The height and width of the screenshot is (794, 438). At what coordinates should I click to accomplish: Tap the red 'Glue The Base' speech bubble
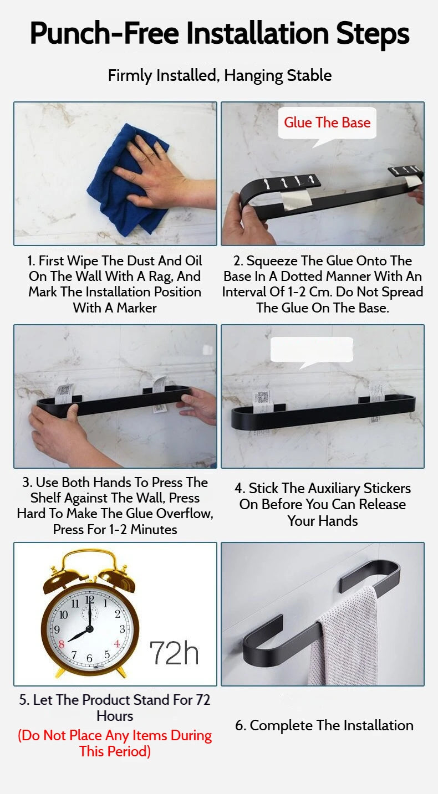coord(327,122)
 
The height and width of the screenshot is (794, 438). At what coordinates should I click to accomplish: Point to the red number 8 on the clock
coord(62,644)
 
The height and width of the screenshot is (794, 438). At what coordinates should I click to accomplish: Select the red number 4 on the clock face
coord(117,644)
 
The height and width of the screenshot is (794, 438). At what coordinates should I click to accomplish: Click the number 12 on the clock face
coord(90,600)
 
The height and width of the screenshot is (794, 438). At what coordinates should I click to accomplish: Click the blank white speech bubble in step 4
coord(312,349)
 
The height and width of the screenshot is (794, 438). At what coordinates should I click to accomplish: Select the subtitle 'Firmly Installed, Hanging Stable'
coord(220,76)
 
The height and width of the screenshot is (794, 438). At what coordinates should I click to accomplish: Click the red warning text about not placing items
coord(115,744)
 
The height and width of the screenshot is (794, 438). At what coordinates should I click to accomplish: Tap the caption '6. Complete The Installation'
coord(324,725)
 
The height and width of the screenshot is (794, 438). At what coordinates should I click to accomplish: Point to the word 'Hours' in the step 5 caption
coord(115,716)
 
